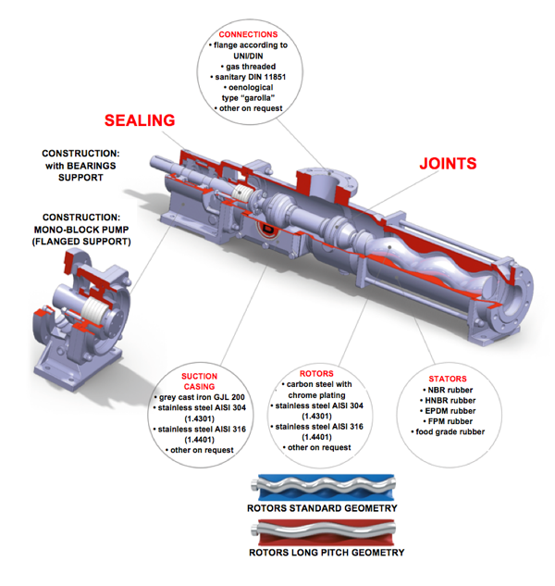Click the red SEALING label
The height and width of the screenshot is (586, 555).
pos(139,120)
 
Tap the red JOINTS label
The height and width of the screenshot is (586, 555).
pos(448,164)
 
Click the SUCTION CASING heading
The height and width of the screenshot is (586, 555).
pos(199,382)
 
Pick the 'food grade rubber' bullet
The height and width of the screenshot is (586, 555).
pos(449,430)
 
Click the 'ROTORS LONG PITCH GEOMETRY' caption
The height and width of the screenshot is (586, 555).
pos(327,553)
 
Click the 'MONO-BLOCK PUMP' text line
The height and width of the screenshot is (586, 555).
pos(86,229)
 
